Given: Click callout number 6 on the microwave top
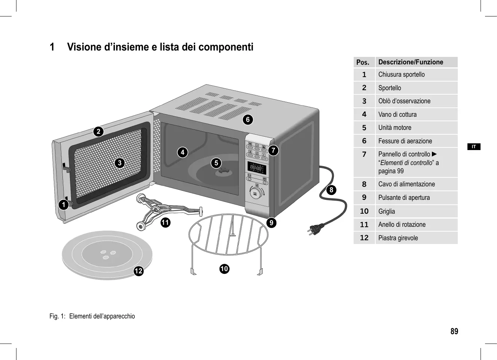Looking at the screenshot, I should tap(247, 119).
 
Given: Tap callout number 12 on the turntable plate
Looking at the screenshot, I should tap(139, 271).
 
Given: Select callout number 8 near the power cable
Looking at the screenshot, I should tap(331, 190).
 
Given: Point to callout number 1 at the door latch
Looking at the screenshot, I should tap(64, 204).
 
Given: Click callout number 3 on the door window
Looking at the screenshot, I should tap(119, 163).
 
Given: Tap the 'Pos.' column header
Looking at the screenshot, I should tap(364, 62).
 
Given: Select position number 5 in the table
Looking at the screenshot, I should tap(364, 128).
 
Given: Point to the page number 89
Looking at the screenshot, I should tap(454, 332).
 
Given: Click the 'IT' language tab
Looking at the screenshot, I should tap(474, 147).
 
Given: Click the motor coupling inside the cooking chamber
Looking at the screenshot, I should tap(225, 171).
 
